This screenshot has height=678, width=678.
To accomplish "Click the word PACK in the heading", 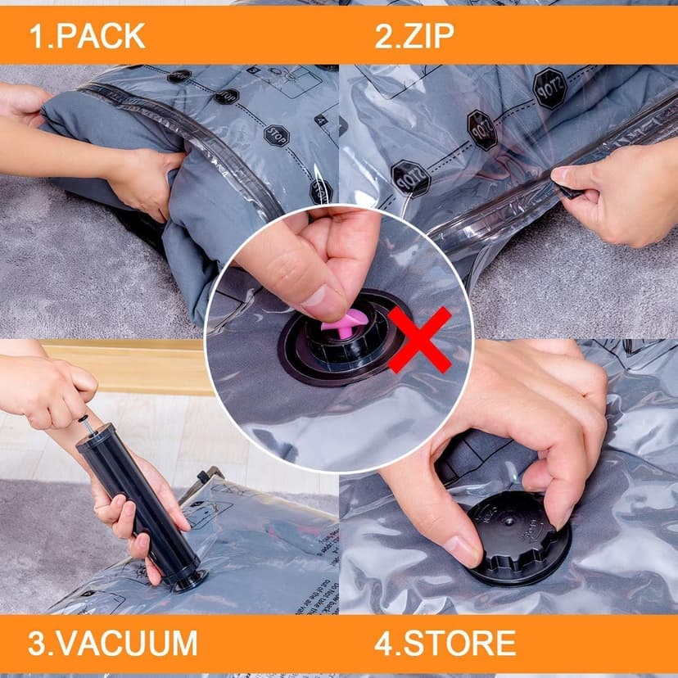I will tap(99, 35).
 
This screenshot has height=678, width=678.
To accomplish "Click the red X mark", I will tap(419, 338).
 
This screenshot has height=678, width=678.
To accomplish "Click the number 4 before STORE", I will tap(383, 643).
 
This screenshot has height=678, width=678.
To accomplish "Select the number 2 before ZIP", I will tap(383, 35).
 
